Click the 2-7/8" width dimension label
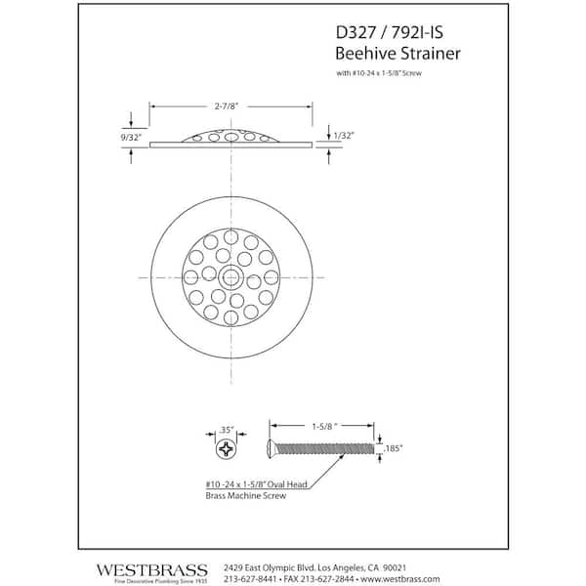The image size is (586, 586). coord(227,106)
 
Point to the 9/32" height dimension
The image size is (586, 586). coord(131,138)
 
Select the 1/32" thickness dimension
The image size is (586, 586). coord(344,136)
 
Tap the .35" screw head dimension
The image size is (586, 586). coord(226,430)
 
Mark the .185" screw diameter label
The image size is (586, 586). coord(393,448)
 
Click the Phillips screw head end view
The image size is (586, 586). coord(227,449)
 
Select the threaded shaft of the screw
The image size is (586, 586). coord(324,448)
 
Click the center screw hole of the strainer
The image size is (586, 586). coord(230,277)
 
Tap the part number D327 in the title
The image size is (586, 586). coord(356,32)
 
